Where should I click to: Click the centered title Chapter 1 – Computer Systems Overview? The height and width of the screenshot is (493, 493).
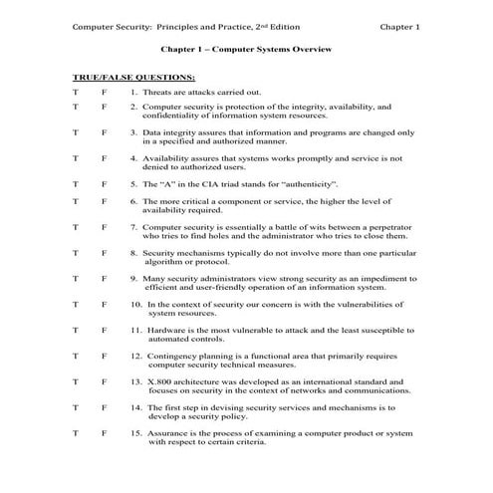coord(246,48)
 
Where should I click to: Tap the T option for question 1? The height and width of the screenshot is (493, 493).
coord(76,91)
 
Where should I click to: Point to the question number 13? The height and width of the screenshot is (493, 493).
coord(136,380)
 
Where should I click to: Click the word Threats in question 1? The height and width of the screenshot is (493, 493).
coord(161,91)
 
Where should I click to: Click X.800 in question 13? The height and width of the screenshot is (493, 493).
coord(160,380)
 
